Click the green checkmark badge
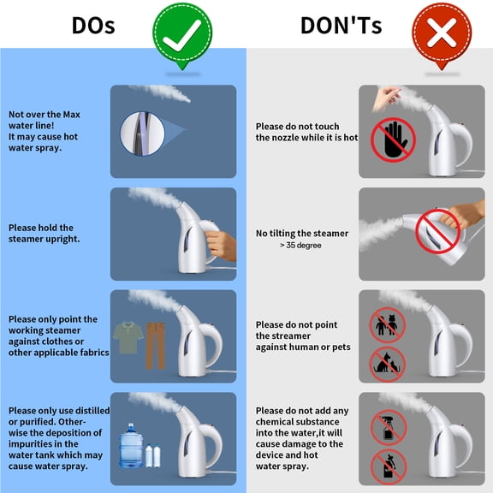point(182,34)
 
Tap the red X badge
point(442,34)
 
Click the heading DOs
point(93,25)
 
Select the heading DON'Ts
point(342,25)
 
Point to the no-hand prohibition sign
point(393,140)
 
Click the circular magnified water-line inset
point(143,134)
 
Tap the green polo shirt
point(128,337)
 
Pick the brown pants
point(155,345)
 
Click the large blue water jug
point(131,446)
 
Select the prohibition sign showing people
point(387,324)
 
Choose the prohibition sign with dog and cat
point(387,365)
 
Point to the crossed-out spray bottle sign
point(389,427)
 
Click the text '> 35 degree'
point(300,246)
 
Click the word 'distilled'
point(92,411)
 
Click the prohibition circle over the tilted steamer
point(437,231)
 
